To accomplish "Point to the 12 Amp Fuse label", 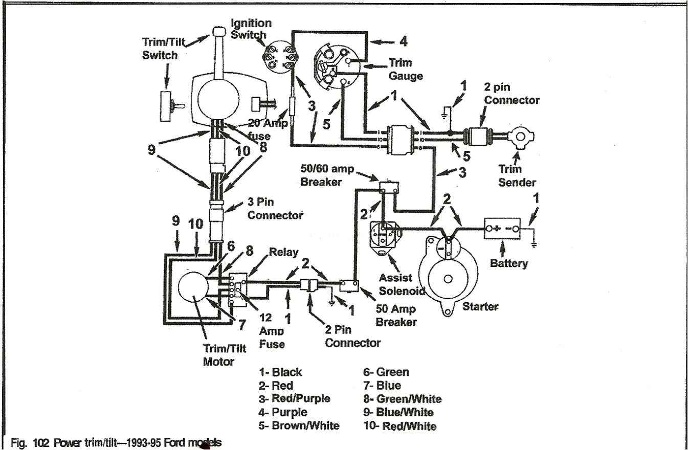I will click(x=272, y=330).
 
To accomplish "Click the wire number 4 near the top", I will click(x=403, y=40).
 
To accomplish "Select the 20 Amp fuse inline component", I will click(x=292, y=108).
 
